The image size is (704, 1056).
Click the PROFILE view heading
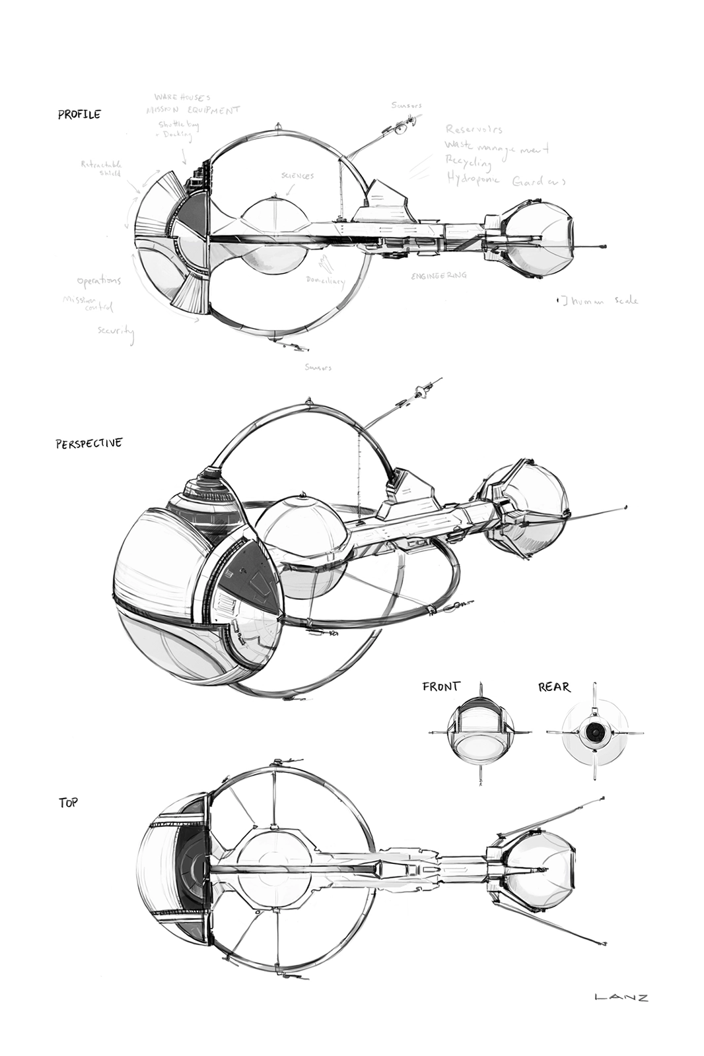click(79, 114)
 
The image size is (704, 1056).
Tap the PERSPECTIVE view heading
click(88, 443)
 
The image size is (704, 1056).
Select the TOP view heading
click(68, 803)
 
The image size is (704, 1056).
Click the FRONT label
click(440, 686)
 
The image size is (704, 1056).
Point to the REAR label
click(553, 687)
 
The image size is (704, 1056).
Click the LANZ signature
click(621, 997)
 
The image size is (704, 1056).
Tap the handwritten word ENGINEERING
click(439, 275)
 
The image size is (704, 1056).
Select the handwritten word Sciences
click(297, 176)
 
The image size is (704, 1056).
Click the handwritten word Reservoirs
click(474, 129)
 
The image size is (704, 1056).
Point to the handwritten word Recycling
click(468, 162)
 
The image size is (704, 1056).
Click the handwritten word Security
click(116, 331)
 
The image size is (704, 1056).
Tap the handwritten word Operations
click(98, 281)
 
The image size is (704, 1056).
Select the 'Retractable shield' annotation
click(101, 168)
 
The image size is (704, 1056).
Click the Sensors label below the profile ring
click(318, 367)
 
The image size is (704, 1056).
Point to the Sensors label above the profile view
click(405, 105)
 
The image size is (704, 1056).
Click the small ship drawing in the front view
click(480, 733)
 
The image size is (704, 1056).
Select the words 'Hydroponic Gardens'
click(506, 180)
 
